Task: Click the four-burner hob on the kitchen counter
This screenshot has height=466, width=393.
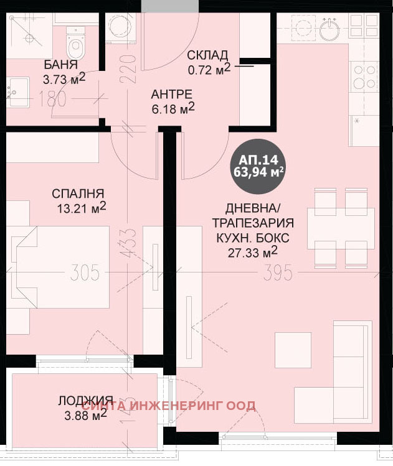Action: tap(364, 77)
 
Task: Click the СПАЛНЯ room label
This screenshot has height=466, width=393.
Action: tap(78, 193)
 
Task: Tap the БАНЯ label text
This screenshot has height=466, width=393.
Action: tap(61, 65)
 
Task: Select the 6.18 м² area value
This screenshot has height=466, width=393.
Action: tap(173, 109)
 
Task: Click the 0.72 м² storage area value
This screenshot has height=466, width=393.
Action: tap(209, 69)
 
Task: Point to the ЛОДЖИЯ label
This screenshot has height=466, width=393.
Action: tap(85, 400)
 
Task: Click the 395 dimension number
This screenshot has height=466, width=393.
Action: tap(278, 273)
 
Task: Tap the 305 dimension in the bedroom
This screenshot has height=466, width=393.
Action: tap(85, 273)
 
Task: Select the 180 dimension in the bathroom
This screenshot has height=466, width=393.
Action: tap(52, 99)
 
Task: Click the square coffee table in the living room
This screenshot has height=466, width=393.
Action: tap(293, 350)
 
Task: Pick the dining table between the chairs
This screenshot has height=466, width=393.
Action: tap(341, 228)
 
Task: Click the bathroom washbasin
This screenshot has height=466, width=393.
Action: tap(18, 92)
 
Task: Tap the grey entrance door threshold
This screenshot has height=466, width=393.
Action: tap(169, 6)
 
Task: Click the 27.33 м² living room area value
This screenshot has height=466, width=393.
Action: tap(253, 253)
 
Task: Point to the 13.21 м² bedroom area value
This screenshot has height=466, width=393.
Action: tap(82, 208)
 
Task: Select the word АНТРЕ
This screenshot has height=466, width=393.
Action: tap(172, 94)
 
